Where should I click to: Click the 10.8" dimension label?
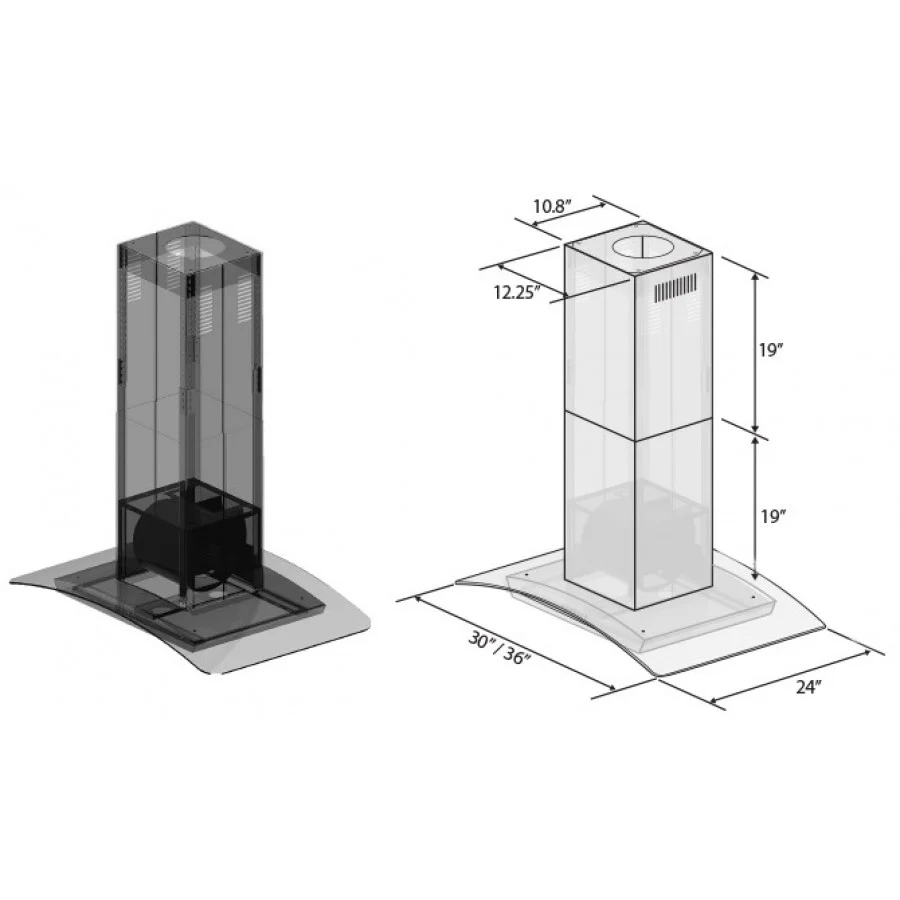tap(551, 206)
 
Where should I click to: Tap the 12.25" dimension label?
tap(517, 292)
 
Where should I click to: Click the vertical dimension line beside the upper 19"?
tap(755, 350)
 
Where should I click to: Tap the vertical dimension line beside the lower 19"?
tap(755, 516)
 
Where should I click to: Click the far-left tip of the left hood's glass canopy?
tap(14, 580)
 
